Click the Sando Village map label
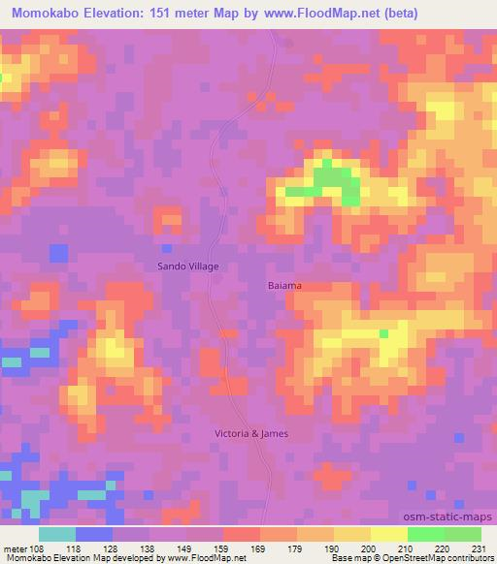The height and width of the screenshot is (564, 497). [188, 266]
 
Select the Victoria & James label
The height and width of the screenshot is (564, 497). [251, 433]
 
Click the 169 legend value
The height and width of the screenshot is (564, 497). [259, 548]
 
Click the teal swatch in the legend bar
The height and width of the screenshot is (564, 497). [57, 534]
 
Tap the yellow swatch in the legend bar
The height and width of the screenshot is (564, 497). [388, 534]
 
